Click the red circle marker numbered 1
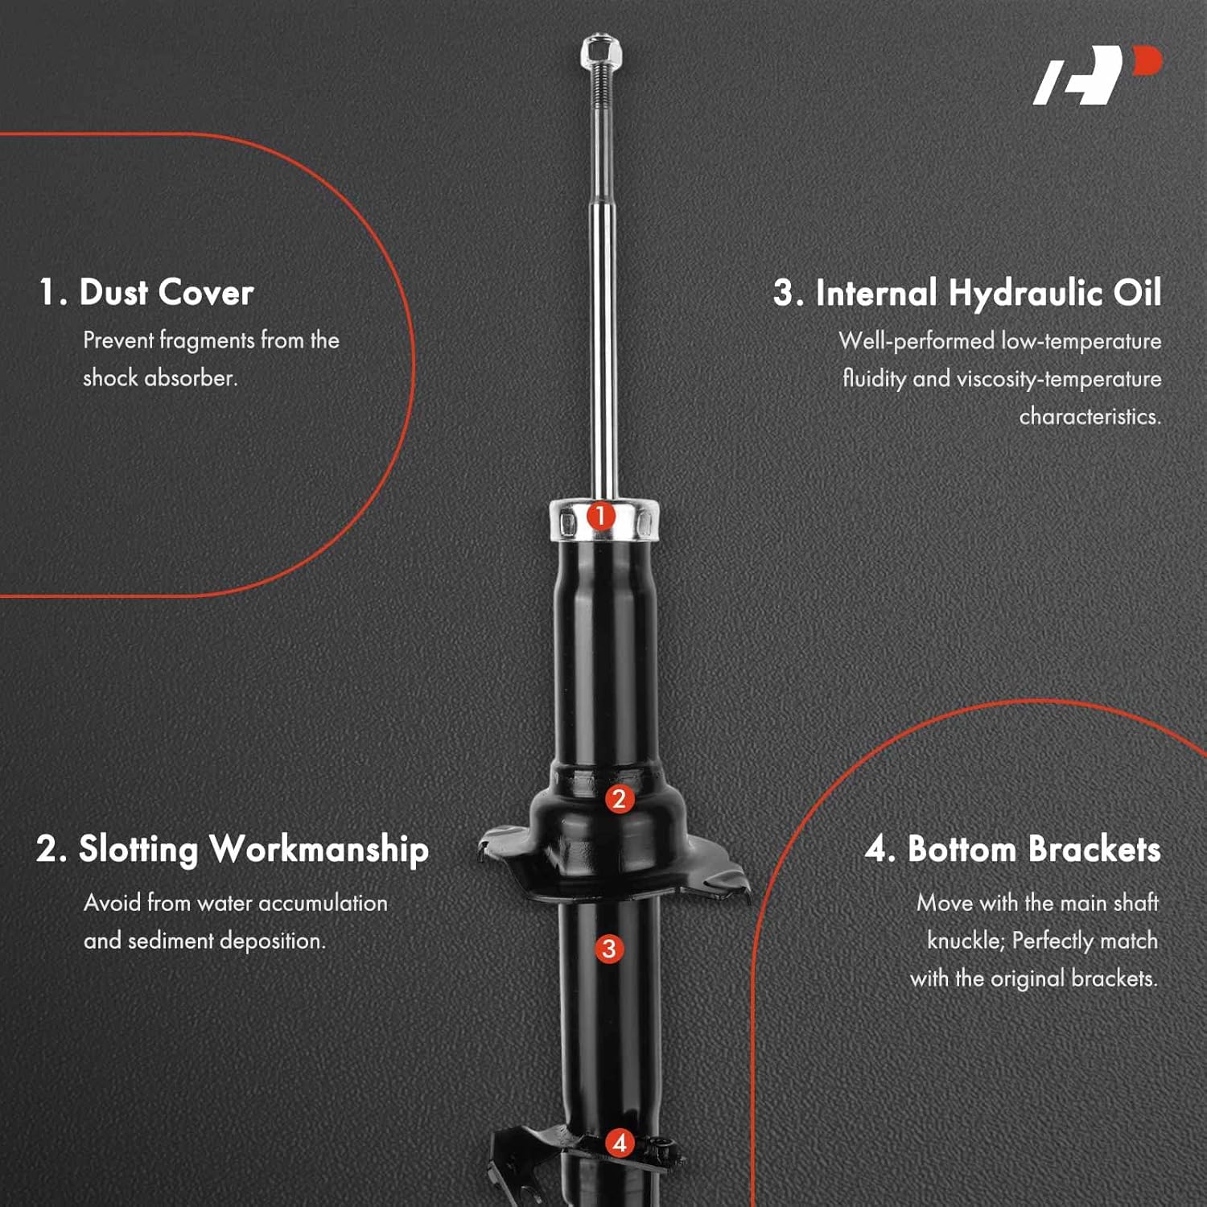600,516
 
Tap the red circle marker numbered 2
619,799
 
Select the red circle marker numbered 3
609,949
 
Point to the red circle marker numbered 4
620,1143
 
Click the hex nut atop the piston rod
599,52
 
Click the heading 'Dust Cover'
166,292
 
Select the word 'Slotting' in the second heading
138,850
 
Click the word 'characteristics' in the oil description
1089,416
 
